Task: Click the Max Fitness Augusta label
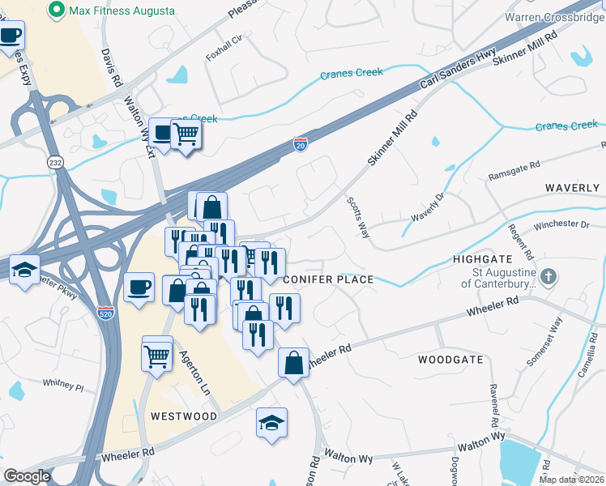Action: tap(121, 11)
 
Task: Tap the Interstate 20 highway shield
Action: tap(301, 143)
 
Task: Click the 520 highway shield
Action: tap(105, 311)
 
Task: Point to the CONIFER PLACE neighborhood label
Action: tap(329, 279)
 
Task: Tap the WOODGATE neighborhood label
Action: tap(450, 359)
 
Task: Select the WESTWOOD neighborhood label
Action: tap(184, 416)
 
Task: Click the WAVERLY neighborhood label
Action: tap(571, 187)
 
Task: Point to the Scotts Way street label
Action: tap(358, 216)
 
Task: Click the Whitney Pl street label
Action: tap(63, 385)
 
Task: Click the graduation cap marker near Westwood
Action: tap(271, 422)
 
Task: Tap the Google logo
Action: tap(28, 476)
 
